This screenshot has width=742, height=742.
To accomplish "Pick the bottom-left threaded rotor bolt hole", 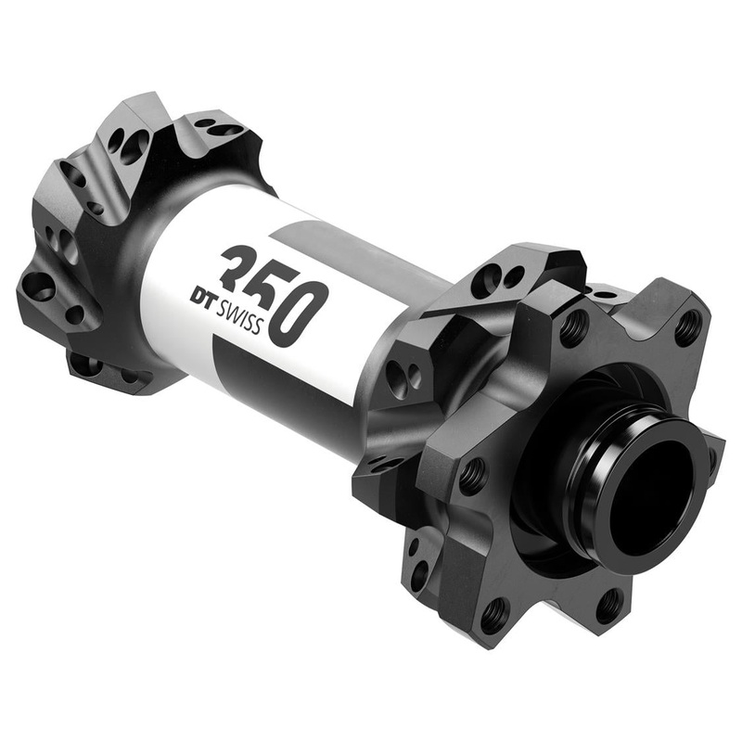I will point(494,612).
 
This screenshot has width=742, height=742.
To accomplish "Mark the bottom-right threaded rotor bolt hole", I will point(608,605).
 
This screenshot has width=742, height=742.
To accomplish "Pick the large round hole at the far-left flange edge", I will point(39,286).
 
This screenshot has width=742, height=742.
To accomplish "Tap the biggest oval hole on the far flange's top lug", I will point(135,145).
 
